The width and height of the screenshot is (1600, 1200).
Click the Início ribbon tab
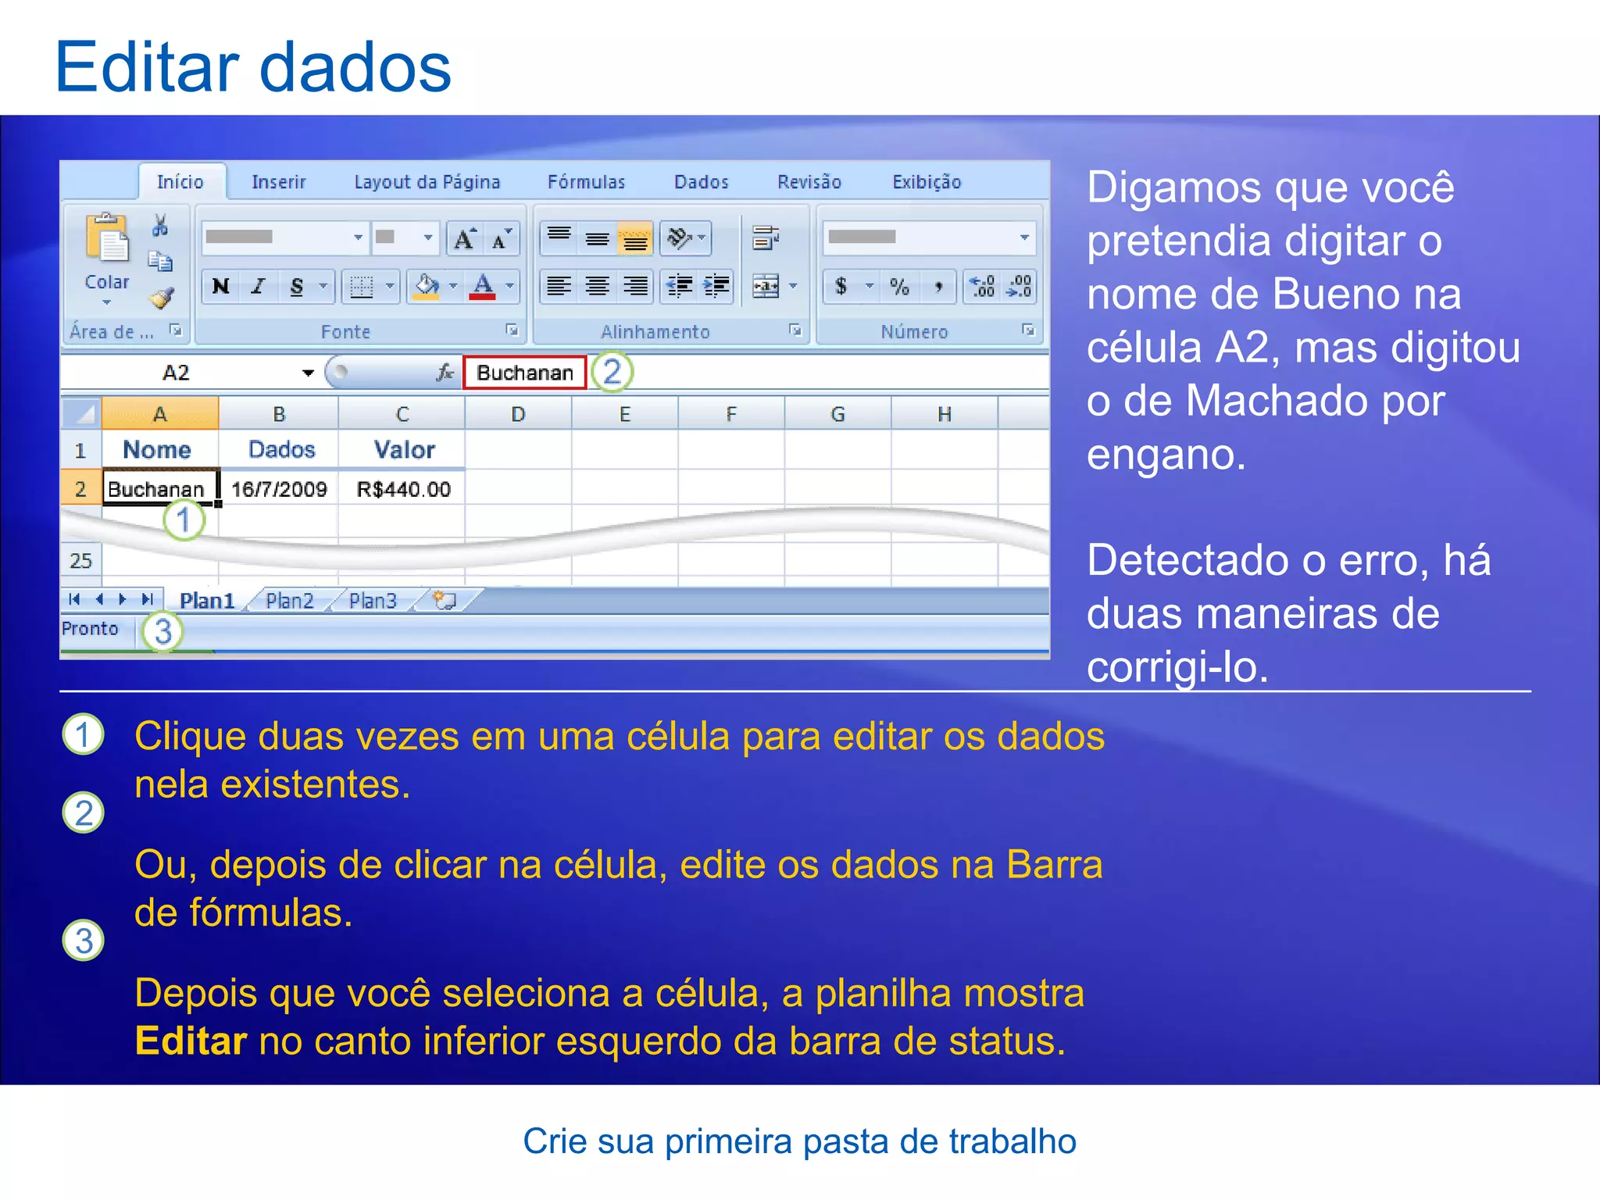180,182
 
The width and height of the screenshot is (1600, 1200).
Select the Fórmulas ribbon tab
586,182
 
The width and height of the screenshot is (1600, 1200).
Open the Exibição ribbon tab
927,182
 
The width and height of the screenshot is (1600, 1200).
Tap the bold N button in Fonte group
221,287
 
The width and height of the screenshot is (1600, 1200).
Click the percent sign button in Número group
899,287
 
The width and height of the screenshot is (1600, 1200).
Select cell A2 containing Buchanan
156,489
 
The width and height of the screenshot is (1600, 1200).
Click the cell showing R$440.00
403,489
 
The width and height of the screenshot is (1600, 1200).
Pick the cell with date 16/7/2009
279,489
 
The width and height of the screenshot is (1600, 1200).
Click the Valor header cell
404,449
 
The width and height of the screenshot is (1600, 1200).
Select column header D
518,414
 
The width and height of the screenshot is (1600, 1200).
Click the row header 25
80,561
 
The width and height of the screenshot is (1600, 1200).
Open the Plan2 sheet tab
289,601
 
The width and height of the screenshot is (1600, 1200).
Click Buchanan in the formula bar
525,373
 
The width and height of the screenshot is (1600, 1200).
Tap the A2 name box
176,373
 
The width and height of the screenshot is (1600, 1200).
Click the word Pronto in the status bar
90,629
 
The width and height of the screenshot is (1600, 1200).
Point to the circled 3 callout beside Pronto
162,631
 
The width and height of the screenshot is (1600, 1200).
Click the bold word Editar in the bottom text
191,1041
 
